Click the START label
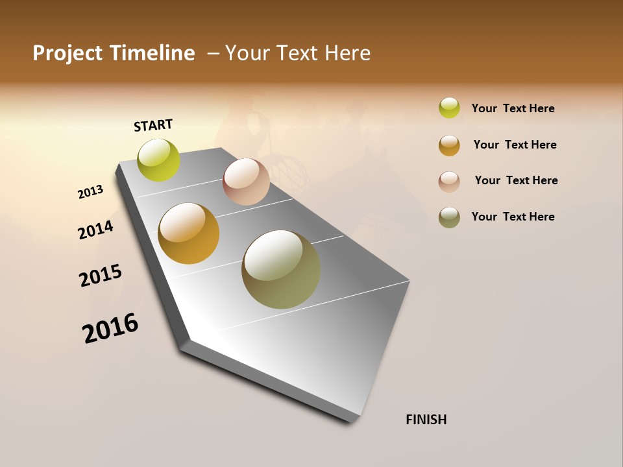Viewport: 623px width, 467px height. tap(153, 125)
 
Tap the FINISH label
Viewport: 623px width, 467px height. tap(426, 420)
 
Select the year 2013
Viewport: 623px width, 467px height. tap(90, 192)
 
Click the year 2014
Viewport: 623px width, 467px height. tap(95, 230)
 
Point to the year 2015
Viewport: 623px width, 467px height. tap(101, 276)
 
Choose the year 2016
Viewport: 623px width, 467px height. tap(110, 328)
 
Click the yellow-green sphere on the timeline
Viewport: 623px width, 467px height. tap(158, 160)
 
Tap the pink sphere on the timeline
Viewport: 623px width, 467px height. tap(246, 182)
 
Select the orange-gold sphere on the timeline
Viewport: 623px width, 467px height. tap(189, 233)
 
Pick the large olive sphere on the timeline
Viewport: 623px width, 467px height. tap(281, 269)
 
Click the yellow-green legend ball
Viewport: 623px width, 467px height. tap(449, 108)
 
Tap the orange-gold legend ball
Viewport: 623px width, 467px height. tap(449, 145)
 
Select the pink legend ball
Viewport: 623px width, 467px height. tap(449, 181)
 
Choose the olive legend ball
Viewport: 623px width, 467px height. tap(449, 217)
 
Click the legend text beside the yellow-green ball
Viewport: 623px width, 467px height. tap(513, 108)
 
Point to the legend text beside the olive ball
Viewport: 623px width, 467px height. tap(513, 217)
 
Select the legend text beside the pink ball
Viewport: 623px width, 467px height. tap(516, 180)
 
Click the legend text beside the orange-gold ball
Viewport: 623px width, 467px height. tap(515, 145)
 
